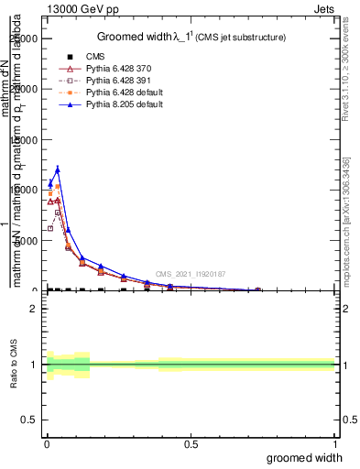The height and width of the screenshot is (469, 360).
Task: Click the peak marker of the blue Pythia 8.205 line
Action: coord(58,169)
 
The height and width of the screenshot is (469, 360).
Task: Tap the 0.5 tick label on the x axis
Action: coord(191,444)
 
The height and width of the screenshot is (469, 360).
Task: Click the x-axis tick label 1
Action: coord(336,444)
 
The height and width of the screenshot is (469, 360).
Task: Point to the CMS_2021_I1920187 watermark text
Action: coord(190,274)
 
